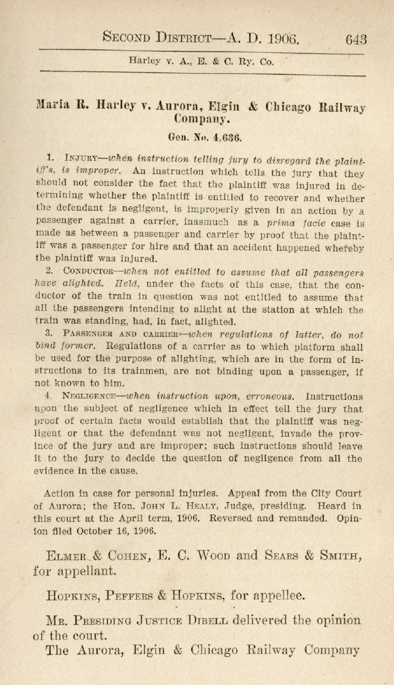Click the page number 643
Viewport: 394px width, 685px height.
click(355, 39)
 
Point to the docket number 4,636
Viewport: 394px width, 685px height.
click(213, 138)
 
